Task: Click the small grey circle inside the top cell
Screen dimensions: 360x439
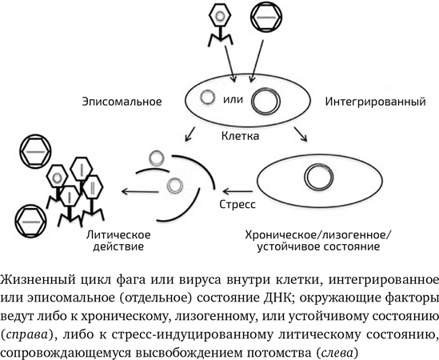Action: (x=207, y=98)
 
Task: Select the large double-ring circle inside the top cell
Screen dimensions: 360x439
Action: (x=263, y=102)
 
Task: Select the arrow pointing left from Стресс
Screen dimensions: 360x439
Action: (x=237, y=190)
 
